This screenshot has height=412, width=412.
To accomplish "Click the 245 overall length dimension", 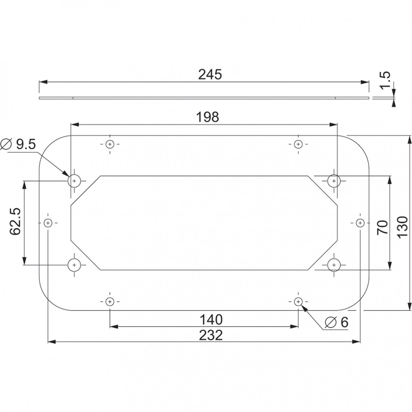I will (210, 75).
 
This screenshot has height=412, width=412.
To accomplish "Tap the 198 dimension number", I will (207, 117).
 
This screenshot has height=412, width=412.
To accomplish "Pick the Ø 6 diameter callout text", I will (336, 322).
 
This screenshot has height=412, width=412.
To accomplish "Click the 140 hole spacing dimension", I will (211, 320).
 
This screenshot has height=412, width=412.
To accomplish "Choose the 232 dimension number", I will (211, 335).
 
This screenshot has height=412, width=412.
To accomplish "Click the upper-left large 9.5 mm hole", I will (74, 180).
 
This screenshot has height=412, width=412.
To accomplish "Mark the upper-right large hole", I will (333, 180).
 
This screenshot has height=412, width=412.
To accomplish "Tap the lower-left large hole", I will (74, 265).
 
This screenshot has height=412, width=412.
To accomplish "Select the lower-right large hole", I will (333, 265).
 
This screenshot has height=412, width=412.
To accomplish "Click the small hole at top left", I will (110, 144).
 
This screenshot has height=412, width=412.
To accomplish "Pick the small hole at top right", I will (298, 144).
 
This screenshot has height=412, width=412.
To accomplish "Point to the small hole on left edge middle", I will (48, 223).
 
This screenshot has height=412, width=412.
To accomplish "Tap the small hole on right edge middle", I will (360, 223).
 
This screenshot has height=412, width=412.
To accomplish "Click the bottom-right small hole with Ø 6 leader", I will (298, 302).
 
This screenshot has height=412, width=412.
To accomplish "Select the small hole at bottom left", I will (110, 302).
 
